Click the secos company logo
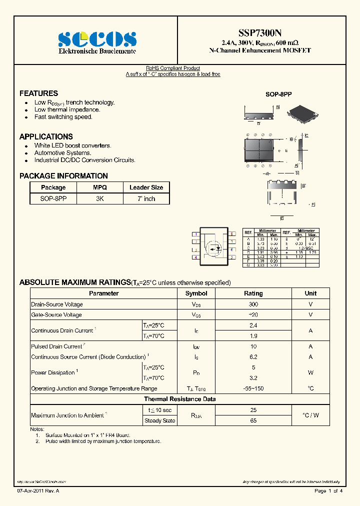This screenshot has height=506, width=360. [x=97, y=39]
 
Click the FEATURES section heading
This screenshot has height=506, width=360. [x=38, y=93]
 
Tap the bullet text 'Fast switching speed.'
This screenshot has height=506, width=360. [x=63, y=117]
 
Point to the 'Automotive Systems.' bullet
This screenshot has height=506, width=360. [x=62, y=153]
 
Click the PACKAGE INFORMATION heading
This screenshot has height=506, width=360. [x=63, y=176]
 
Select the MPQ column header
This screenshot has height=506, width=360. [x=99, y=187]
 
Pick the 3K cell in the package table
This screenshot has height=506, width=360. [x=99, y=198]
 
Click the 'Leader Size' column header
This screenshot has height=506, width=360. [x=146, y=187]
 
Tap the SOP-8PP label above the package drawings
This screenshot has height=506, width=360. [x=278, y=94]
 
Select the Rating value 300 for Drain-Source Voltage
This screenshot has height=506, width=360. [x=253, y=304]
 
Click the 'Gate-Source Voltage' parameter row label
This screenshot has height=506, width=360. [x=56, y=315]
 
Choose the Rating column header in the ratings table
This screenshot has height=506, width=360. [x=253, y=293]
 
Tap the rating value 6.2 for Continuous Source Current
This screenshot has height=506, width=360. [x=253, y=357]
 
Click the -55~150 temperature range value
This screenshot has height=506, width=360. [x=253, y=388]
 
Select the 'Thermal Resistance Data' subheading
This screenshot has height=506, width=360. [x=180, y=399]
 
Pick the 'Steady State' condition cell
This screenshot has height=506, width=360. [x=159, y=420]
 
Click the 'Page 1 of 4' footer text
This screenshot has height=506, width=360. [x=328, y=491]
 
